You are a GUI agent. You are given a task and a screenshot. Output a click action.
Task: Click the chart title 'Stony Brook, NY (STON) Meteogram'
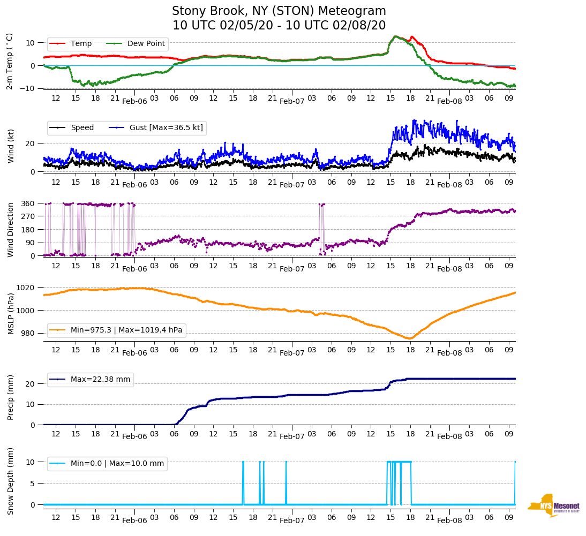click(x=279, y=11)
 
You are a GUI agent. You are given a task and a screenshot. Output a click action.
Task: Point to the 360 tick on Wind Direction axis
click(x=28, y=203)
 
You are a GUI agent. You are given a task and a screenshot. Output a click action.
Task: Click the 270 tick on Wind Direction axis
click(x=28, y=216)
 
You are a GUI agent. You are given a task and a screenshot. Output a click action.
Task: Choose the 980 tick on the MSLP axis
click(x=28, y=333)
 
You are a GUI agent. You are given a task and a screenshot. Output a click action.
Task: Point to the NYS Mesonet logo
click(x=553, y=505)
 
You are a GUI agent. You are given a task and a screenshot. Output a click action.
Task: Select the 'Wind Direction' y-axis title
click(x=11, y=229)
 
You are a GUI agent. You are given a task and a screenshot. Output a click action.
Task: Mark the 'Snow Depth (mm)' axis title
click(x=11, y=481)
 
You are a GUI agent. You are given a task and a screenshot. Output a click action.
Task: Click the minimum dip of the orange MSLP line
click(x=409, y=338)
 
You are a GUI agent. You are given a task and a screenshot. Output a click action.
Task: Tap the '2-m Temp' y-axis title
click(x=10, y=61)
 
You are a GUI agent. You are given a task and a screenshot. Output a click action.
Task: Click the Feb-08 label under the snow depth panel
click(x=449, y=520)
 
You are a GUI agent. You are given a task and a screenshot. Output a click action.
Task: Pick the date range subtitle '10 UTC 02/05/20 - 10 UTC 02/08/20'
click(x=279, y=25)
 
